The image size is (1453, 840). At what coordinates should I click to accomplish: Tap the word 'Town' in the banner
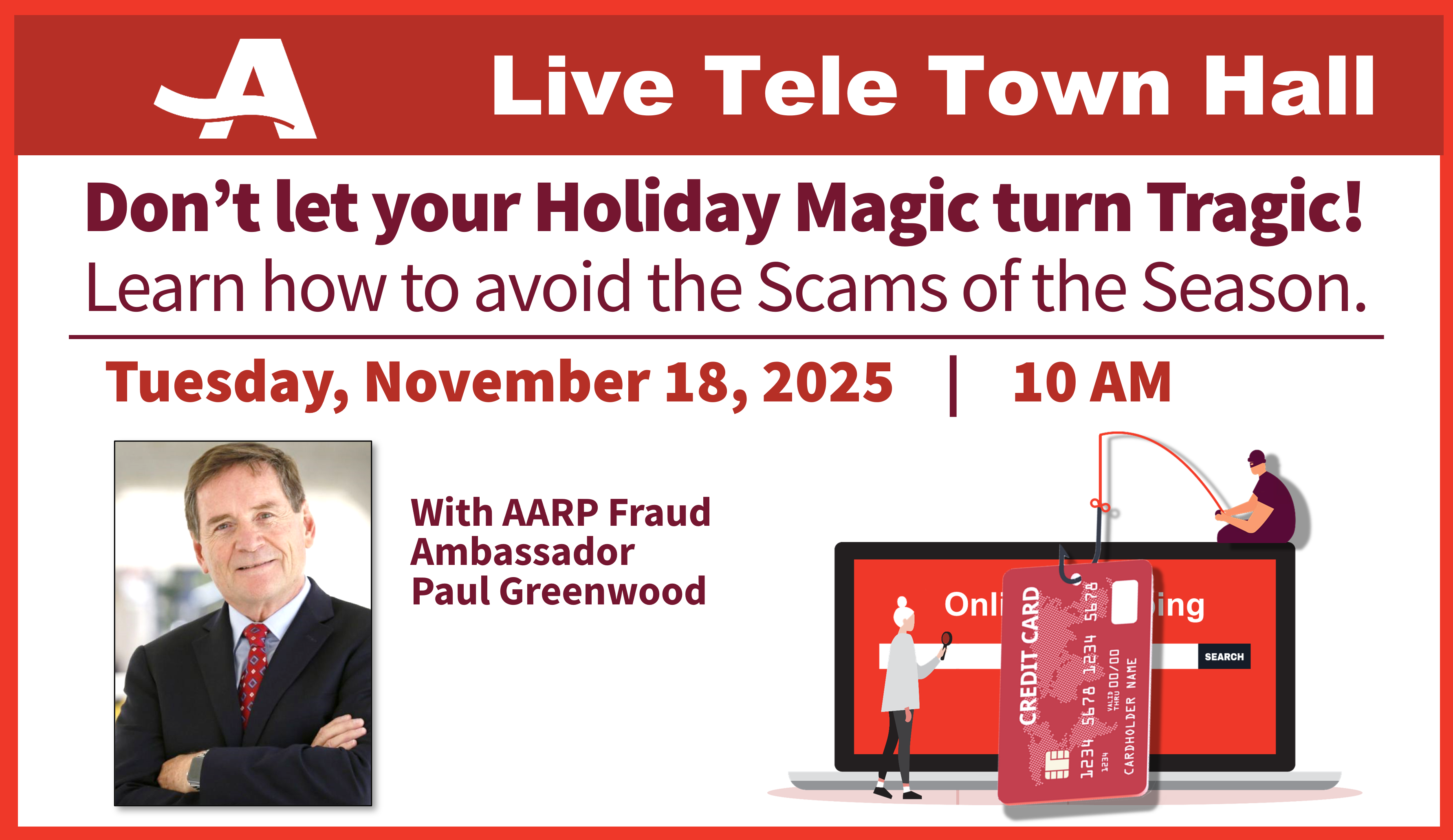[1049, 86]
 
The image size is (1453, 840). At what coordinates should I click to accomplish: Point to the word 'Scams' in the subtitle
[852, 287]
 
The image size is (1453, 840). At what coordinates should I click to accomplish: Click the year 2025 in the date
[828, 382]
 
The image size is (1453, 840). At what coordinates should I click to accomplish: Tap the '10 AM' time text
[1092, 382]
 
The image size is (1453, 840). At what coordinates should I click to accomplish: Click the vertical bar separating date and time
[953, 386]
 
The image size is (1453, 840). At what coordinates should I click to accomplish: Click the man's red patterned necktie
[254, 672]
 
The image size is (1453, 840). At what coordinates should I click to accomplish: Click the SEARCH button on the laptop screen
[1224, 657]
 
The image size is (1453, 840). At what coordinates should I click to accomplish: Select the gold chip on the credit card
[1057, 765]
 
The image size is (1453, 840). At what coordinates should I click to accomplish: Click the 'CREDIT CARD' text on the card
[1029, 655]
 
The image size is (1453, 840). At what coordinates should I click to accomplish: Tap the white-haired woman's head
[903, 615]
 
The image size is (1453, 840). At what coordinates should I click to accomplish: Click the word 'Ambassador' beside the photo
[522, 552]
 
